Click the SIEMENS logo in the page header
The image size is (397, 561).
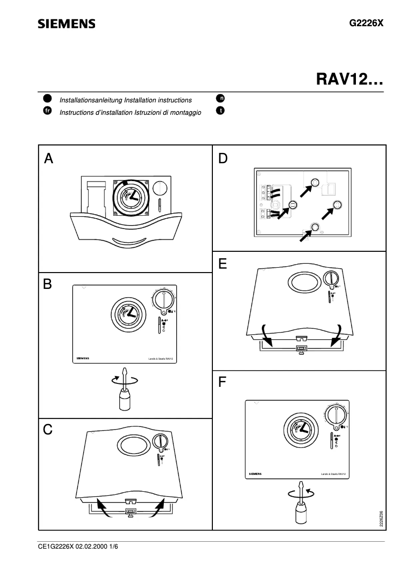67,24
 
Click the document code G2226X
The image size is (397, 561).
366,23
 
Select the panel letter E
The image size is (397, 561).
223,265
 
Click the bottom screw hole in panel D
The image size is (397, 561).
314,227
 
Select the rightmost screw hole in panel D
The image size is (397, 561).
338,204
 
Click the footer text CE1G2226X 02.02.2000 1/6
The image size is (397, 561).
78,547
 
